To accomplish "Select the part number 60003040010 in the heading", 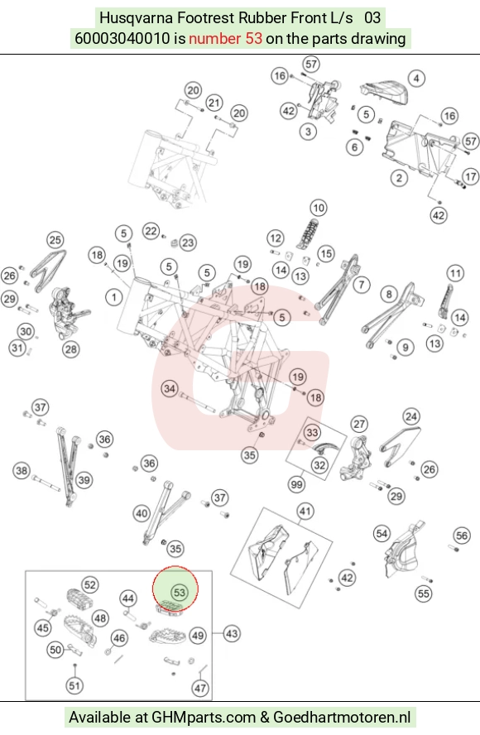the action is click(x=122, y=38).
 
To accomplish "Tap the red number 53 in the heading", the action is click(x=252, y=38).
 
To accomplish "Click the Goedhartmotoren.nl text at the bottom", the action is click(x=342, y=717).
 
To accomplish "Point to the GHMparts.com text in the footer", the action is click(x=204, y=717).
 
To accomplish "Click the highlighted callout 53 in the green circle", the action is click(x=180, y=592).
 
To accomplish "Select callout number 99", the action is click(x=297, y=483).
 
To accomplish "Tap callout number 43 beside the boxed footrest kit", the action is click(x=232, y=634).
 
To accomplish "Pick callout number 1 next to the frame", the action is click(x=114, y=296).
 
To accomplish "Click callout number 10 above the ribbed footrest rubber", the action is click(x=319, y=208).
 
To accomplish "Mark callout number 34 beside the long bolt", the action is click(x=170, y=388).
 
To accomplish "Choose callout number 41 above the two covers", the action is click(x=305, y=512).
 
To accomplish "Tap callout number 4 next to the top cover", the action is click(x=416, y=79).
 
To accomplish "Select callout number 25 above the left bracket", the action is click(x=55, y=240).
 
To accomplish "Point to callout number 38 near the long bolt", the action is click(x=22, y=470).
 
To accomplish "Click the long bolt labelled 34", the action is click(x=197, y=402).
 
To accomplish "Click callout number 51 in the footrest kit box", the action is click(x=74, y=685).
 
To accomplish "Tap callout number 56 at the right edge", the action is click(x=462, y=536).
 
